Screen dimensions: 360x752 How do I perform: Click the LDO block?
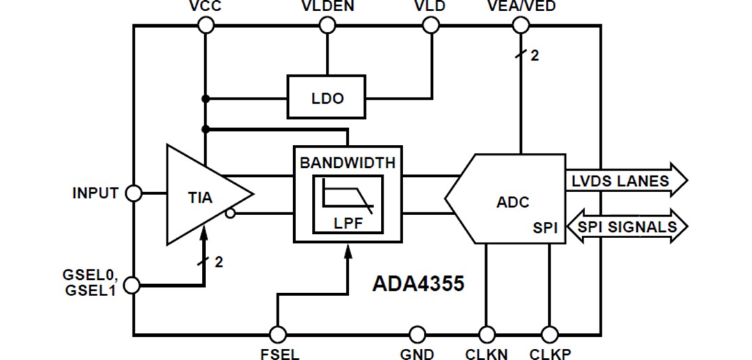point(327,97)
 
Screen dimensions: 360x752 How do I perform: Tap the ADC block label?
point(512,202)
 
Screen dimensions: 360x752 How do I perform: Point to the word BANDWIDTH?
point(347,163)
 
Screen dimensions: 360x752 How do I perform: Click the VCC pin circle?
point(205,26)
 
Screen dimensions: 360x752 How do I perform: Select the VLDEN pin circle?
point(327,26)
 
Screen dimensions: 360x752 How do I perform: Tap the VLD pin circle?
point(431,26)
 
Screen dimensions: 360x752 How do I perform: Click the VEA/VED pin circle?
point(520,26)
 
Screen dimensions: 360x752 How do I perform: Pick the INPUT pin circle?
point(133,194)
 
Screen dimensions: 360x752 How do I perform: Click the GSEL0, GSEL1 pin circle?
point(133,285)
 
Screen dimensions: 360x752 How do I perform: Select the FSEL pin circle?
point(279,335)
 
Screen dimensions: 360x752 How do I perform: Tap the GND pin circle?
point(417,335)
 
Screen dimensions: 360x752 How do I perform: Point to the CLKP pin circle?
point(549,335)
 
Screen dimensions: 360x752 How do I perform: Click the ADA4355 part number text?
point(418,284)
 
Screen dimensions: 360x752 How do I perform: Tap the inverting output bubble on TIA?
point(230,214)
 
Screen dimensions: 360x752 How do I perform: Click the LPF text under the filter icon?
point(347,225)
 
